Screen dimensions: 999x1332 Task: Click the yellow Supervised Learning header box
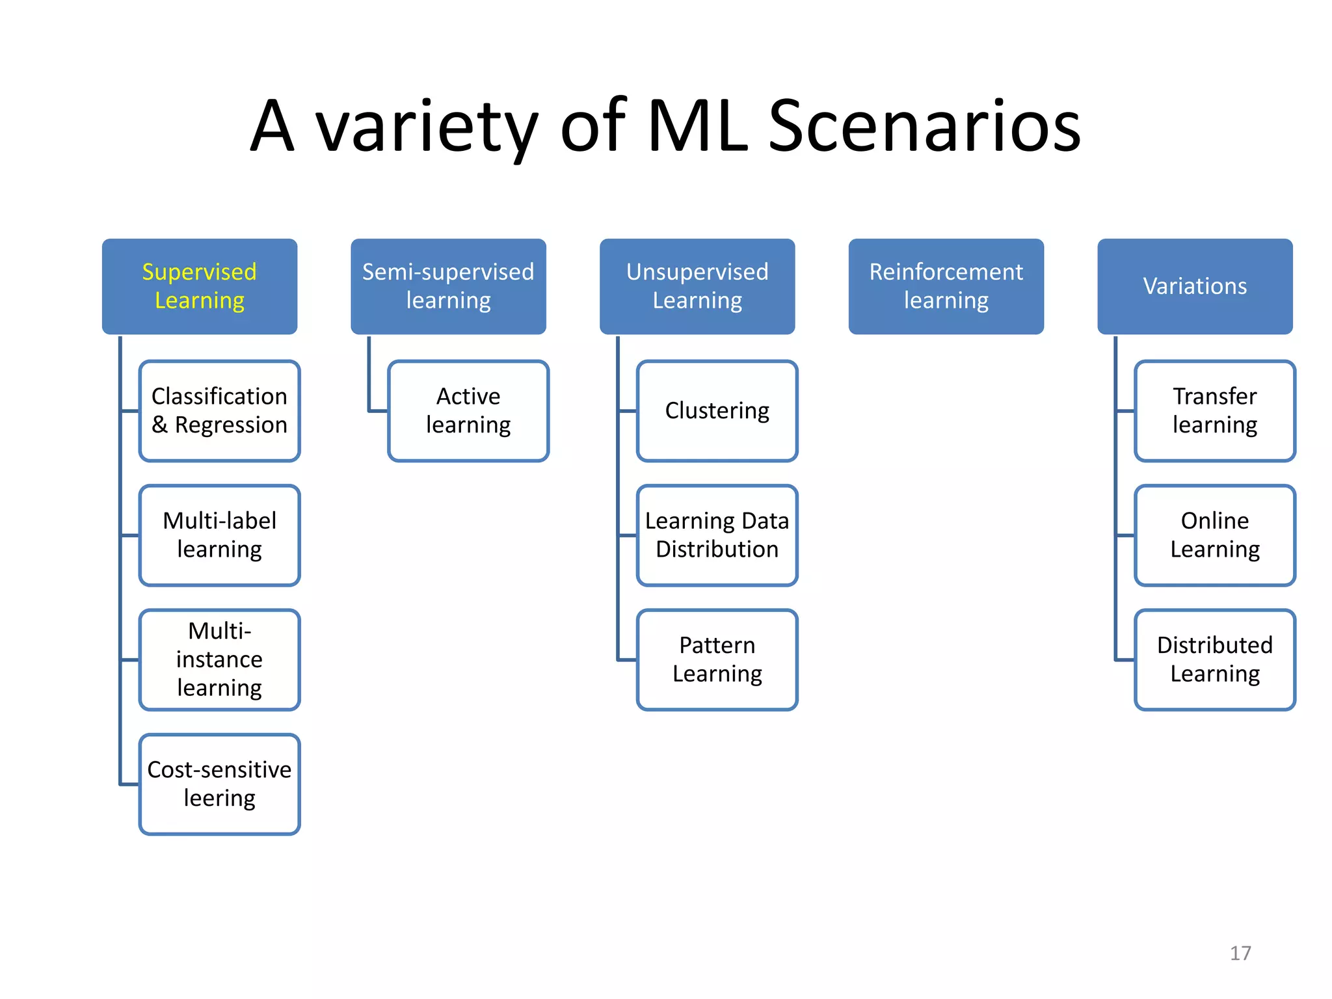click(200, 286)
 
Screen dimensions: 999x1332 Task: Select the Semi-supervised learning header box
click(448, 286)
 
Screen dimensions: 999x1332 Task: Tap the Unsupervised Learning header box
click(697, 286)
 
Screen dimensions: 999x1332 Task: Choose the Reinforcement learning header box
click(946, 286)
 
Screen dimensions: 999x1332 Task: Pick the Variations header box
click(1195, 286)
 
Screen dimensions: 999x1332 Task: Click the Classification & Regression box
click(220, 410)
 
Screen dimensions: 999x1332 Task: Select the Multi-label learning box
click(220, 535)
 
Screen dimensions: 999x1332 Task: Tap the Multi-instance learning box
click(220, 659)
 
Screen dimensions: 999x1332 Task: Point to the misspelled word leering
click(220, 798)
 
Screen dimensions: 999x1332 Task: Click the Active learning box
click(468, 410)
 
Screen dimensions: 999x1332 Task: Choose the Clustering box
click(717, 410)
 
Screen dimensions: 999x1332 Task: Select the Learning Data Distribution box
click(717, 535)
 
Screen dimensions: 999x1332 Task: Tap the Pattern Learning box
click(717, 659)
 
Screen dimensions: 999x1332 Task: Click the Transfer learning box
click(1215, 410)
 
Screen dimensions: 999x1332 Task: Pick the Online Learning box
click(1215, 535)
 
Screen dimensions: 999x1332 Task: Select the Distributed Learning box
click(1215, 659)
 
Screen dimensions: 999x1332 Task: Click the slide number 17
click(1240, 953)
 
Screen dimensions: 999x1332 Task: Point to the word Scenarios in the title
click(924, 127)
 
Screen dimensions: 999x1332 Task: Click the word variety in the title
click(427, 127)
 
